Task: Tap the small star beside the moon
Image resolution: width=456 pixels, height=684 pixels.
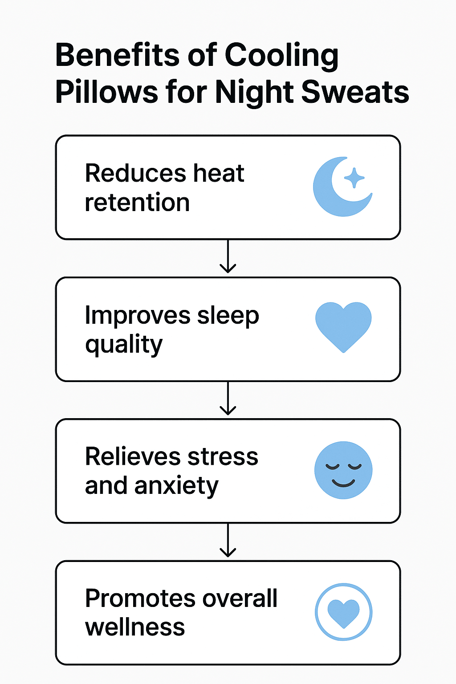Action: pos(354,178)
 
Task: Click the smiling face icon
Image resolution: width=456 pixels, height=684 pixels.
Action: pos(343,470)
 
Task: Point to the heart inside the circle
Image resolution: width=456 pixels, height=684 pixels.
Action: pos(343,613)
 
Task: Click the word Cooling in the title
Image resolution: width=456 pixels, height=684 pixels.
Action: pos(281,56)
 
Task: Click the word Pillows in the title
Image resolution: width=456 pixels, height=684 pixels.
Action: pos(106,92)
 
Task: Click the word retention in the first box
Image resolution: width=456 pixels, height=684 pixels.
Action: pos(137,203)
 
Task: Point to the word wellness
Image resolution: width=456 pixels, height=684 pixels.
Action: pos(135,627)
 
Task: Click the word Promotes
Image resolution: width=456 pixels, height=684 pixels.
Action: pos(140,598)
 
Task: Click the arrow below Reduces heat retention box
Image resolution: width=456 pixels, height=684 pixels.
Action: pos(228,257)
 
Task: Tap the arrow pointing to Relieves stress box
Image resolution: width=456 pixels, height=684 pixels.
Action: pos(228,399)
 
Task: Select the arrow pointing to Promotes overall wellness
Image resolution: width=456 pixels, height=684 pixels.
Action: pos(228,541)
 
